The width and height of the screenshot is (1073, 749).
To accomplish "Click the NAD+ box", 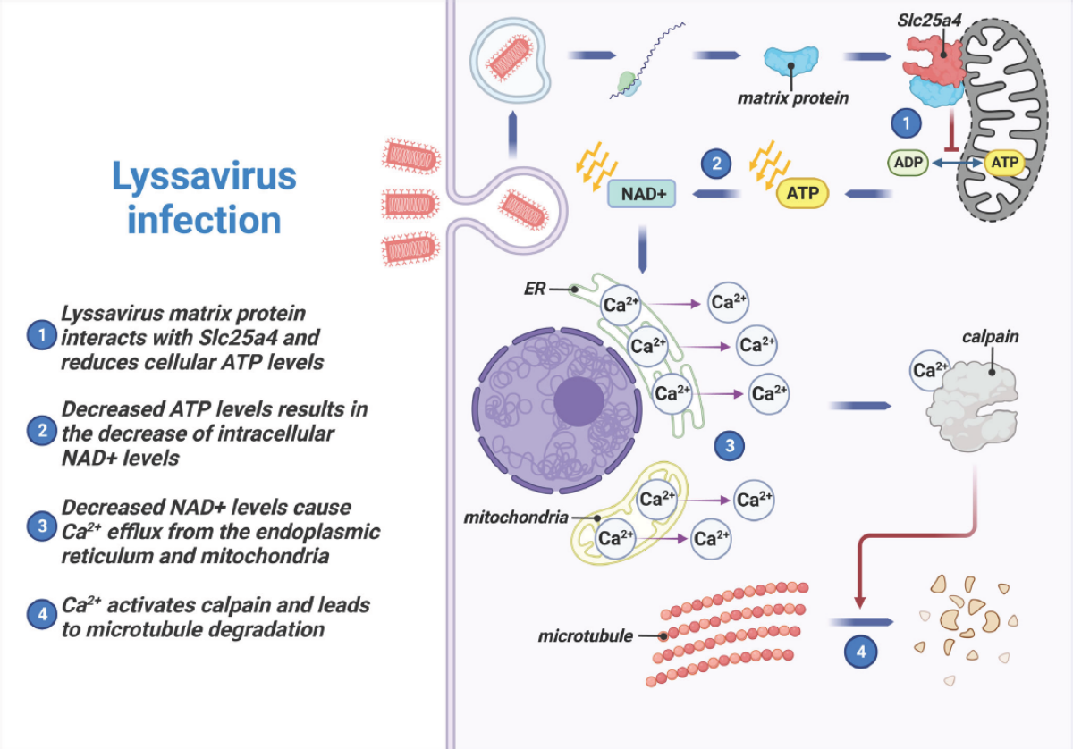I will pos(641,192).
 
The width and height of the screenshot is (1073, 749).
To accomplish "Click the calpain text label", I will pos(990,338).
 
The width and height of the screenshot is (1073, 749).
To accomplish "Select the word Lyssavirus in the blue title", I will pos(204,176).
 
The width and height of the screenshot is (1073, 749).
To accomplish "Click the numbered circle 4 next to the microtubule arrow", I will pos(862,651).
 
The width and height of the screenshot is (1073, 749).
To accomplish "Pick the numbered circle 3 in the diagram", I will pos(731,444).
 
